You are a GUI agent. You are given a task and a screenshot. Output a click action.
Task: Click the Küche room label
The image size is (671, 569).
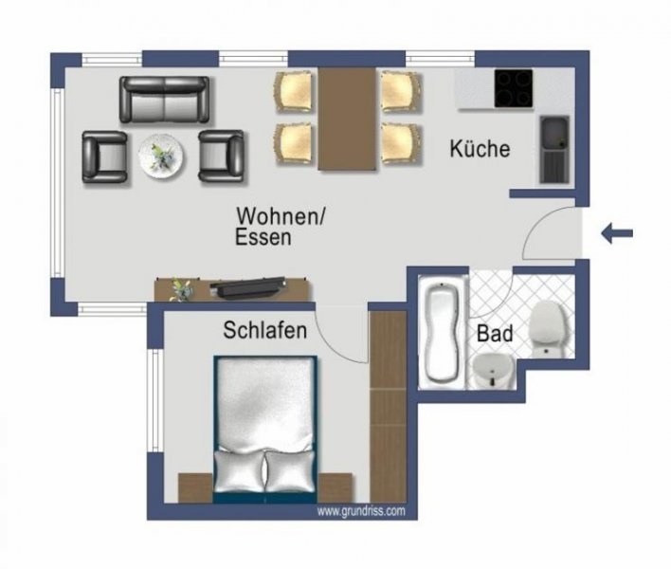(480, 149)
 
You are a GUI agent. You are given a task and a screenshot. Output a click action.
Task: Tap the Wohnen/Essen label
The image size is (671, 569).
(281, 226)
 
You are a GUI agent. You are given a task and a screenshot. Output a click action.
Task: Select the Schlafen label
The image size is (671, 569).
(264, 331)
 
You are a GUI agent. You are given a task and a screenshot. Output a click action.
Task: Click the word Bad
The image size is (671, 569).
(495, 335)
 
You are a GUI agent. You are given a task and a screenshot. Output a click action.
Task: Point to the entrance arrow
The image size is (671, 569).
(616, 232)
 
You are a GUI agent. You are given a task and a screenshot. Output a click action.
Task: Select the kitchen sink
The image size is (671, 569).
(554, 149)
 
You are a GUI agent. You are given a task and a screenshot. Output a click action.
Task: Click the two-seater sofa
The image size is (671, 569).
(164, 98)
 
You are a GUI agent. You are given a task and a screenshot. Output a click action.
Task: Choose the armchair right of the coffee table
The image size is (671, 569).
(222, 155)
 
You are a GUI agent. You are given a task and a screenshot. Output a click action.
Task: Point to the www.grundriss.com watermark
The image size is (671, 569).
(361, 510)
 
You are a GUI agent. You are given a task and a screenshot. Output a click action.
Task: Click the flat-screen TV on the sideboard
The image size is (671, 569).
(249, 284)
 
